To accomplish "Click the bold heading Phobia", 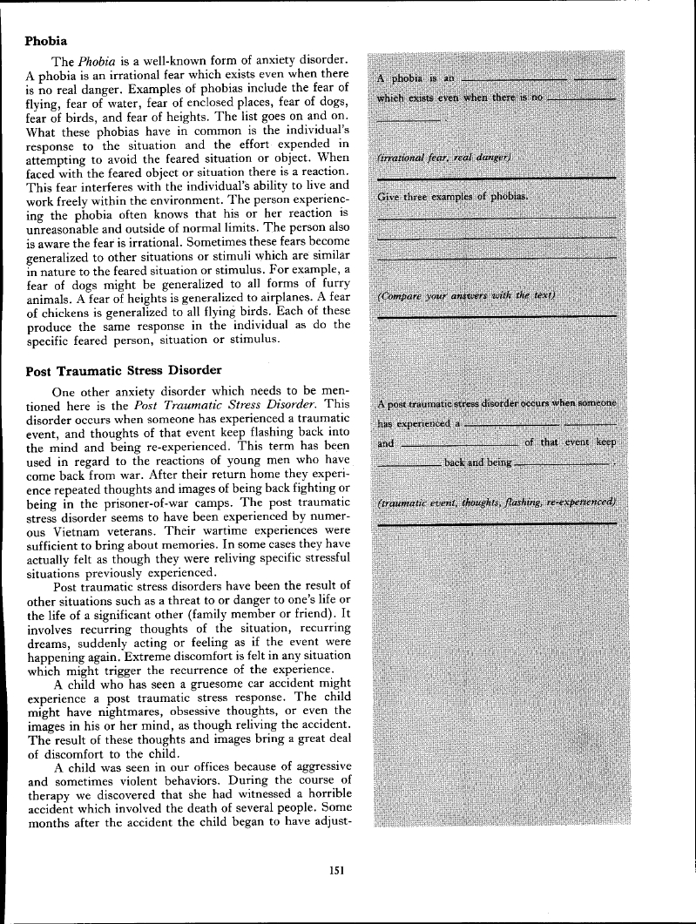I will pos(47,40).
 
